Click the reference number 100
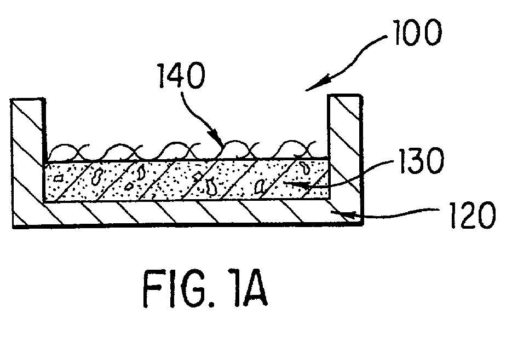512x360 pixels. pos(417,32)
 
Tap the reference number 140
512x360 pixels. pos(181,76)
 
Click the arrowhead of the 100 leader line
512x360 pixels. pos(315,86)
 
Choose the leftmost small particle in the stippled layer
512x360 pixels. pos(59,178)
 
